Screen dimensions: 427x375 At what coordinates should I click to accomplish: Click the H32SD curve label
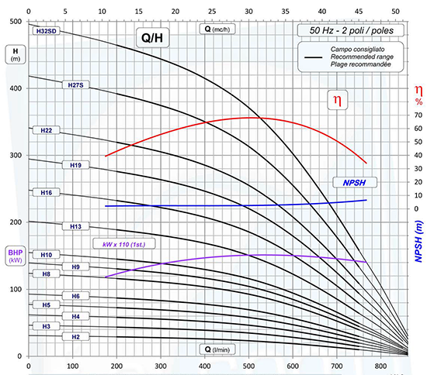[46, 31]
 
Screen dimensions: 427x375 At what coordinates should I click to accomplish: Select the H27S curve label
[76, 85]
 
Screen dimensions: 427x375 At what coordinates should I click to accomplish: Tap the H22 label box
[47, 130]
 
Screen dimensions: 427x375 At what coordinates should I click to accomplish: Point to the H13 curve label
[76, 226]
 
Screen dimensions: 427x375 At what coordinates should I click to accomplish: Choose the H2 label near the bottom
[76, 337]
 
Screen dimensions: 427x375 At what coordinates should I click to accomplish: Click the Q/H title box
[152, 38]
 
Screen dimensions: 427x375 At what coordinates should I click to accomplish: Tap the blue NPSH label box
[355, 183]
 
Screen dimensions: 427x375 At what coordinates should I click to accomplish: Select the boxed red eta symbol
[338, 100]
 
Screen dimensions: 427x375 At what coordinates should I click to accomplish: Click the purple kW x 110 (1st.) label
[124, 244]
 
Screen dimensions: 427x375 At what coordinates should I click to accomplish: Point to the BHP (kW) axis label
[16, 256]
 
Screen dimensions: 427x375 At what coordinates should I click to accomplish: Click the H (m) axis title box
[16, 54]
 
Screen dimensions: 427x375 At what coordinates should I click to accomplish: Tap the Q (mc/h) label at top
[217, 29]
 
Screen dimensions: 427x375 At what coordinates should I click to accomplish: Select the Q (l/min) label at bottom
[217, 349]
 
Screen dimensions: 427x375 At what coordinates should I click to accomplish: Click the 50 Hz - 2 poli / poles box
[351, 30]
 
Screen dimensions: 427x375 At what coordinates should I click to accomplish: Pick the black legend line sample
[313, 57]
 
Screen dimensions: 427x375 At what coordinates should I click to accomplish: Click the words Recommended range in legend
[362, 57]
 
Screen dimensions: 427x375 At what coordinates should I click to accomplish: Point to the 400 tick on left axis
[16, 88]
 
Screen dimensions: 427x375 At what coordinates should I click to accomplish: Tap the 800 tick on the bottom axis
[380, 366]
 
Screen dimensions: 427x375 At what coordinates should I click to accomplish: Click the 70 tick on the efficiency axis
[418, 115]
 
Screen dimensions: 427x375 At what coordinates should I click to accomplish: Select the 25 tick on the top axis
[212, 12]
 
